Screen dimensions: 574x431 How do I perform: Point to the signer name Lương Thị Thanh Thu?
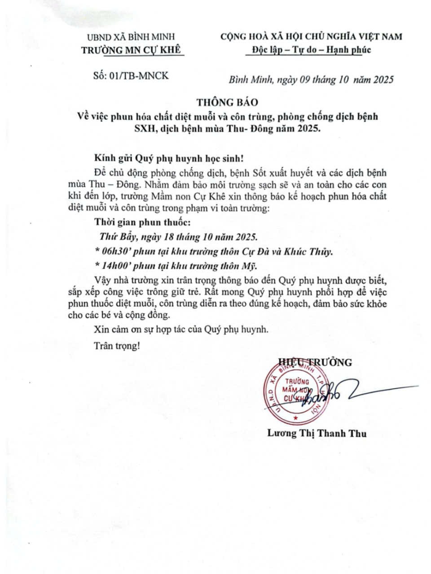click(x=317, y=433)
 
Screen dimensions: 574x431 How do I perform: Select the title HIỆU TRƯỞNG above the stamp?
click(x=315, y=362)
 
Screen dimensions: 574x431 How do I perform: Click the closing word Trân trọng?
click(x=117, y=346)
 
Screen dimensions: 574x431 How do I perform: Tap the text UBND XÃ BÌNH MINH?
click(x=131, y=37)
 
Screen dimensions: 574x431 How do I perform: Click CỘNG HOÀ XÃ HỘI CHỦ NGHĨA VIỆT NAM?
click(x=311, y=36)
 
